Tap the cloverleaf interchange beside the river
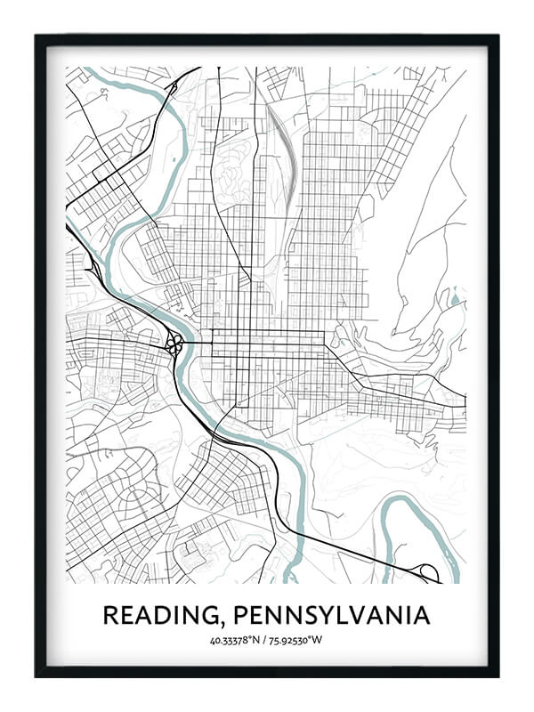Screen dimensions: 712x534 click(x=174, y=343)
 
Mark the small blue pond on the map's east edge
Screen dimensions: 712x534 click(x=455, y=300)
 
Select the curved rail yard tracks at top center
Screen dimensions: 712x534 click(x=279, y=142)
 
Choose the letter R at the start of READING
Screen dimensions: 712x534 click(x=109, y=615)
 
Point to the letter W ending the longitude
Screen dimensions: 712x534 click(x=320, y=640)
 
